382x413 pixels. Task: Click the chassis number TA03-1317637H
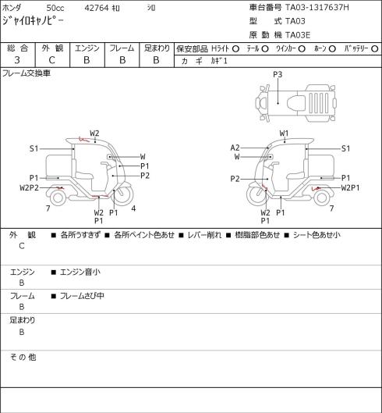[x=317, y=7]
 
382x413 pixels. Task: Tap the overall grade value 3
[x=17, y=60]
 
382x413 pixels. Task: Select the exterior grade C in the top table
[x=51, y=60]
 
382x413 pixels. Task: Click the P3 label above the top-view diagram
[x=278, y=75]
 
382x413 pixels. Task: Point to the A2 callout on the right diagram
[x=235, y=148]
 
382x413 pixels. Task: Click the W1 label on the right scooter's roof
[x=284, y=134]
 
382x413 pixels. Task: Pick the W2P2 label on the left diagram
[x=29, y=188]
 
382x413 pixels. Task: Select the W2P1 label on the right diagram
[x=350, y=188]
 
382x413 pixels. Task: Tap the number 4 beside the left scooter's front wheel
[x=133, y=208]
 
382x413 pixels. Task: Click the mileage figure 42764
[x=97, y=8]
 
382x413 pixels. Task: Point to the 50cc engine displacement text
[x=55, y=8]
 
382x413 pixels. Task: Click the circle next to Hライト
[x=235, y=49]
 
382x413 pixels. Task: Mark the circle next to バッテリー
[x=375, y=49]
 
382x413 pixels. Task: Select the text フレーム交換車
[x=27, y=73]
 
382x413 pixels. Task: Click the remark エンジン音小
[x=80, y=272]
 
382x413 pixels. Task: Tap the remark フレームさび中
[x=82, y=296]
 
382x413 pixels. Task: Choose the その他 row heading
[x=23, y=358]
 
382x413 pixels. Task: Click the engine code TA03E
[x=298, y=35]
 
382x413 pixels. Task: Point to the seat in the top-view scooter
[x=296, y=102]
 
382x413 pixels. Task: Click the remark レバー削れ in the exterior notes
[x=204, y=235]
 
